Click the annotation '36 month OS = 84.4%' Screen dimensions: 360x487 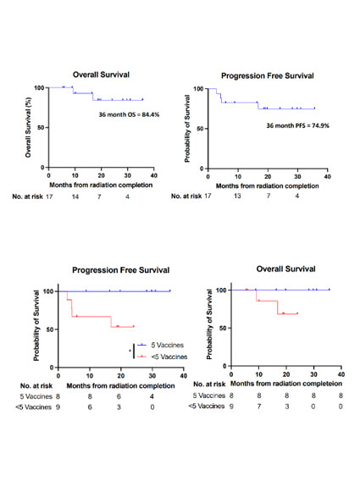click(x=129, y=114)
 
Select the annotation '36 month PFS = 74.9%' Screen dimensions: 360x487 click(x=297, y=125)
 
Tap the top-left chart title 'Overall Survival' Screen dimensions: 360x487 click(x=101, y=75)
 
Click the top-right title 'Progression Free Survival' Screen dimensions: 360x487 click(x=268, y=75)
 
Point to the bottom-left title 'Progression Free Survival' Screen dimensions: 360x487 click(x=121, y=270)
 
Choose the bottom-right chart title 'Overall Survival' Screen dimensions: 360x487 click(x=285, y=268)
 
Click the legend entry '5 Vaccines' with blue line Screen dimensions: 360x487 click(x=160, y=345)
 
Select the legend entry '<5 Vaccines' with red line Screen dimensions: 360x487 click(x=162, y=357)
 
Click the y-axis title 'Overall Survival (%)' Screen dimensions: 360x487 click(x=28, y=127)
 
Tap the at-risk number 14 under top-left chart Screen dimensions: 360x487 click(x=75, y=196)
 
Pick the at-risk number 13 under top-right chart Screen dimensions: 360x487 click(x=237, y=196)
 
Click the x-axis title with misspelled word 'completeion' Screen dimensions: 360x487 click(x=286, y=384)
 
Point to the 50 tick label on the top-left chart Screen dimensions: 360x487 click(x=41, y=127)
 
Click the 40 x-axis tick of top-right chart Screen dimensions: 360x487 click(x=327, y=176)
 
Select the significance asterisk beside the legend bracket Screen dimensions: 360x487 click(x=130, y=351)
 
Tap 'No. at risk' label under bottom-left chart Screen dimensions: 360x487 click(x=36, y=385)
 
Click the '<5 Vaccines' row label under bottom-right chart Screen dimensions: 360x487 click(x=207, y=406)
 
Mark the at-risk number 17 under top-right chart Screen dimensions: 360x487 click(x=208, y=196)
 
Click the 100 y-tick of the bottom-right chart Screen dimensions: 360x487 click(x=221, y=290)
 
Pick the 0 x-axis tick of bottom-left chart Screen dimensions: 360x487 click(x=58, y=376)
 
